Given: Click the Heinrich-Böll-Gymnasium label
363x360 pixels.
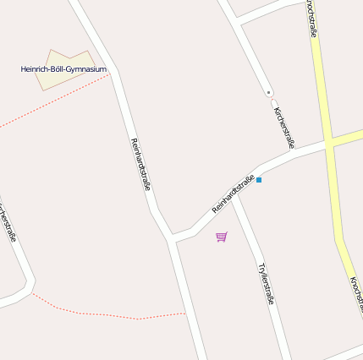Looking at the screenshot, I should tap(63, 68).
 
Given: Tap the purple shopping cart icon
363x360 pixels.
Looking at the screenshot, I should tap(222, 237).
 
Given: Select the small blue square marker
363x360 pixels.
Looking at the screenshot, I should tap(259, 180).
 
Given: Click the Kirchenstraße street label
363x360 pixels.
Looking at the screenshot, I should tap(284, 127).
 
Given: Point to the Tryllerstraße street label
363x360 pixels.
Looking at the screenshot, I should tap(267, 282).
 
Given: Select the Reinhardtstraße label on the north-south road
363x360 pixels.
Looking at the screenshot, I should tap(140, 163).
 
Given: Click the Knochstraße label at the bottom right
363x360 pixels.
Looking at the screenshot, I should tap(356, 296).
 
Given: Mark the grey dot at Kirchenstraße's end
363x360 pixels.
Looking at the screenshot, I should tap(268, 91).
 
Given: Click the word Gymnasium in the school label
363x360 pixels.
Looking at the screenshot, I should tap(85, 68).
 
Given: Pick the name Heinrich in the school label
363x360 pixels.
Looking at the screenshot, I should tap(36, 68).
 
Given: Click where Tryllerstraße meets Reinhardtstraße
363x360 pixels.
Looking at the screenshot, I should tap(234, 194).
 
